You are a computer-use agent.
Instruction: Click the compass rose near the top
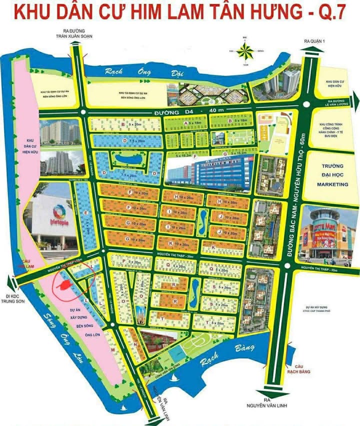click(x=245, y=50)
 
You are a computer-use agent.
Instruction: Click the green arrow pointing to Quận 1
click(x=306, y=50)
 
